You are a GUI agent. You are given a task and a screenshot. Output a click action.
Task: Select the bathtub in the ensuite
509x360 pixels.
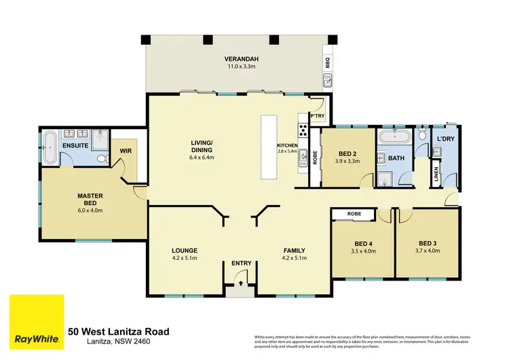click(50, 147)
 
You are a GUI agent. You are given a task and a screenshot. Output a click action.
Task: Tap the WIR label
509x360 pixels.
click(125, 151)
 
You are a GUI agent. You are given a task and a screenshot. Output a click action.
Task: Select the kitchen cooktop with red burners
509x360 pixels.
click(301, 130)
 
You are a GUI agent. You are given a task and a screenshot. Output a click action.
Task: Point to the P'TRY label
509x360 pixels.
click(317, 117)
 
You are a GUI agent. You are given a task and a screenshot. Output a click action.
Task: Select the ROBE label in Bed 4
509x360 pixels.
click(354, 214)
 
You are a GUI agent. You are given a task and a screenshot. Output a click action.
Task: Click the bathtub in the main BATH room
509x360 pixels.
click(394, 138)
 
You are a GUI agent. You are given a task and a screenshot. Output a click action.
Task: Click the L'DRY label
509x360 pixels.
click(445, 139)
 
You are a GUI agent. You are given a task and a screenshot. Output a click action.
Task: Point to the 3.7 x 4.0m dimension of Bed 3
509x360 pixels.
click(427, 251)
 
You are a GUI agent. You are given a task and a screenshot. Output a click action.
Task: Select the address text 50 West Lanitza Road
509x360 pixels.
click(119, 331)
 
